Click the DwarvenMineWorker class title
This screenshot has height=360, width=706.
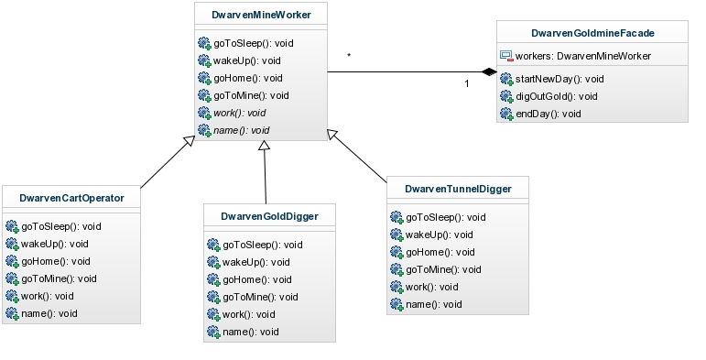coord(261,15)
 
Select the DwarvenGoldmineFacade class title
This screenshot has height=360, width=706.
coord(592,33)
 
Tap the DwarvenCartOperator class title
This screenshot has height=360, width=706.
coord(71,198)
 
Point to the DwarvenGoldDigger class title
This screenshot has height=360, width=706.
coord(269,217)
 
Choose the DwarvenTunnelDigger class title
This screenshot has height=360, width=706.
coord(458,190)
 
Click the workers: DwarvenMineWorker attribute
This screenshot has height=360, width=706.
coord(583,56)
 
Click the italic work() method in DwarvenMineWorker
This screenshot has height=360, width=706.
coord(240,113)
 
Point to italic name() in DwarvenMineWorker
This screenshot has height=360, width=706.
coord(242,131)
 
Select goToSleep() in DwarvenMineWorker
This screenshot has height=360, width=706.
coord(254,44)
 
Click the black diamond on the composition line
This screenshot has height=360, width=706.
coord(489,72)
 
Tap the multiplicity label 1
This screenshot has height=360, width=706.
coord(467,83)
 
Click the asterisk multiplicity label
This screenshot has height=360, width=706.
coord(349,55)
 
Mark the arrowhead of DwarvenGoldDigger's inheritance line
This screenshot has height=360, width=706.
coord(265,145)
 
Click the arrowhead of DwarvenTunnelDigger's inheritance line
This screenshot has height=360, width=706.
coord(331,135)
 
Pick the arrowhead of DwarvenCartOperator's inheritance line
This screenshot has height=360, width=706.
coord(190,140)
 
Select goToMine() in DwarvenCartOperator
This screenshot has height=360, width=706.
coord(59,278)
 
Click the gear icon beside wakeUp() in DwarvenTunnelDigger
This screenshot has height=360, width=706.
coord(396,235)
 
